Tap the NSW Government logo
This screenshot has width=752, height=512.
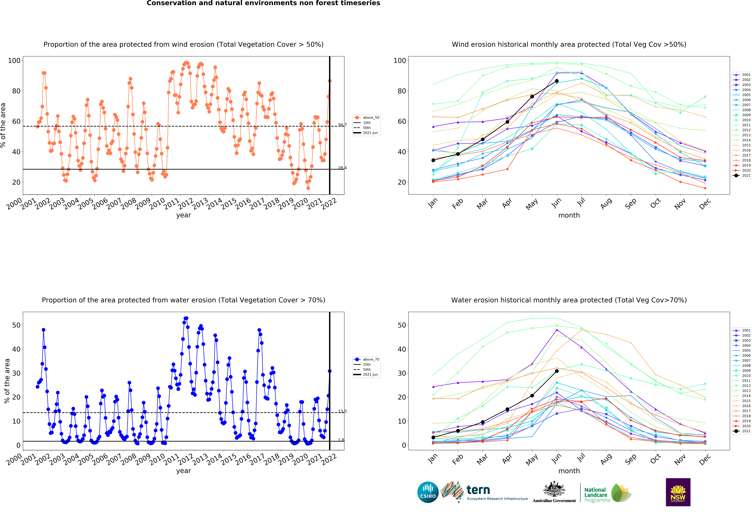coord(678,492)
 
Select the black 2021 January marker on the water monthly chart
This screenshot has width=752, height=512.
coord(433,437)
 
